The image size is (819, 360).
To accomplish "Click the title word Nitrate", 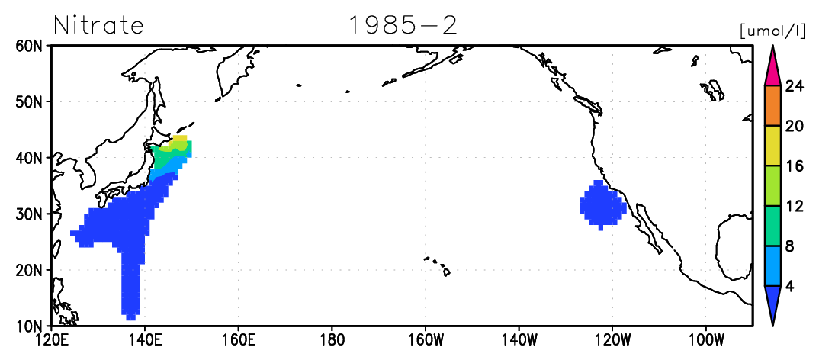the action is pos(98,24).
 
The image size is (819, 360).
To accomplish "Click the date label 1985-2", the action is pos(403,24).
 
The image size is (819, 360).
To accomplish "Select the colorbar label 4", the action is pos(790,286).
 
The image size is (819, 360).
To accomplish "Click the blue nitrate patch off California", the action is pos(602,205).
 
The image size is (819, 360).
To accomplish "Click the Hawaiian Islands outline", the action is pos(438,265).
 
